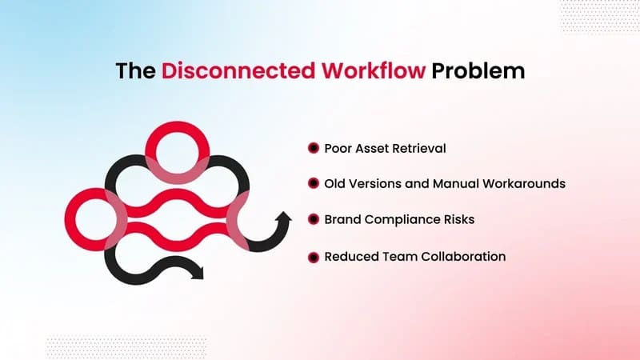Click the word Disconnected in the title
(x=238, y=70)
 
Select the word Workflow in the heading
(x=374, y=70)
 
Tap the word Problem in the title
(x=478, y=70)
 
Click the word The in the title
(x=135, y=70)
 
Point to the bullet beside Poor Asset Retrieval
(x=314, y=148)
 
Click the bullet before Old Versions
(x=314, y=183)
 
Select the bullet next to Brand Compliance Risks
(x=314, y=219)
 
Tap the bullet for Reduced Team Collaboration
(x=314, y=258)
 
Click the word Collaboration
(x=463, y=256)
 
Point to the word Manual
(x=456, y=184)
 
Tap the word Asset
(x=372, y=148)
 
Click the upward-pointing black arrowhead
(x=283, y=217)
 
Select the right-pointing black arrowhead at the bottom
(x=198, y=272)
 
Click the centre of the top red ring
(x=177, y=153)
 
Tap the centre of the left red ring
(x=96, y=219)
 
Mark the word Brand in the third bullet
(x=343, y=219)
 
